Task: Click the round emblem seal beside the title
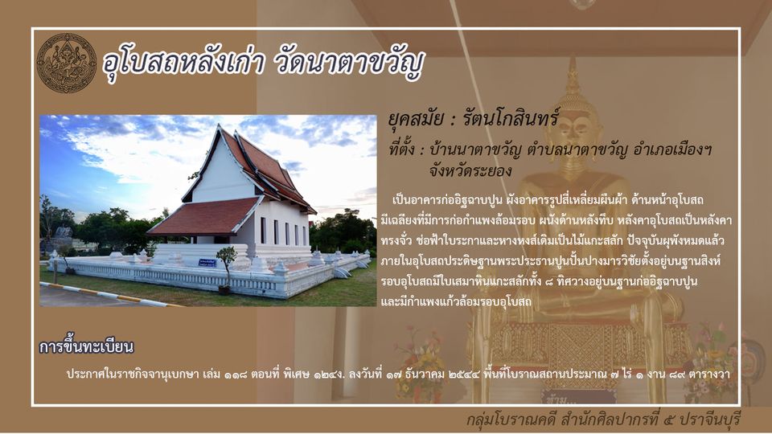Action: [x=67, y=63]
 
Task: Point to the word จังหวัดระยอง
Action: [x=470, y=171]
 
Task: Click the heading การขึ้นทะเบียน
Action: [x=87, y=346]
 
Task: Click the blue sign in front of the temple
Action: [x=207, y=263]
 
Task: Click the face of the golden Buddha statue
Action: [x=573, y=129]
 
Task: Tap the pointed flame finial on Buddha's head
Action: [x=572, y=76]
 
